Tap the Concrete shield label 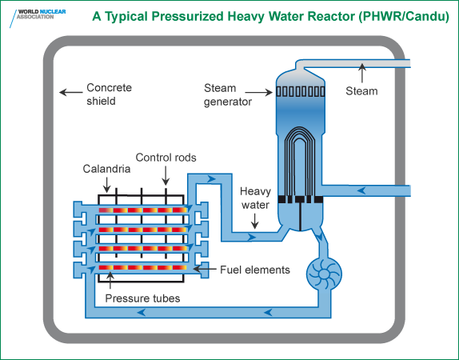pos(109,94)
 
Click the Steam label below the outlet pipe pos(361,91)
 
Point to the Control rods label pos(166,157)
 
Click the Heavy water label pos(256,197)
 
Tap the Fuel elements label pos(255,270)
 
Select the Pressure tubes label pos(142,299)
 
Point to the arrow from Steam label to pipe pos(361,74)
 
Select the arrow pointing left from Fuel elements pos(207,268)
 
